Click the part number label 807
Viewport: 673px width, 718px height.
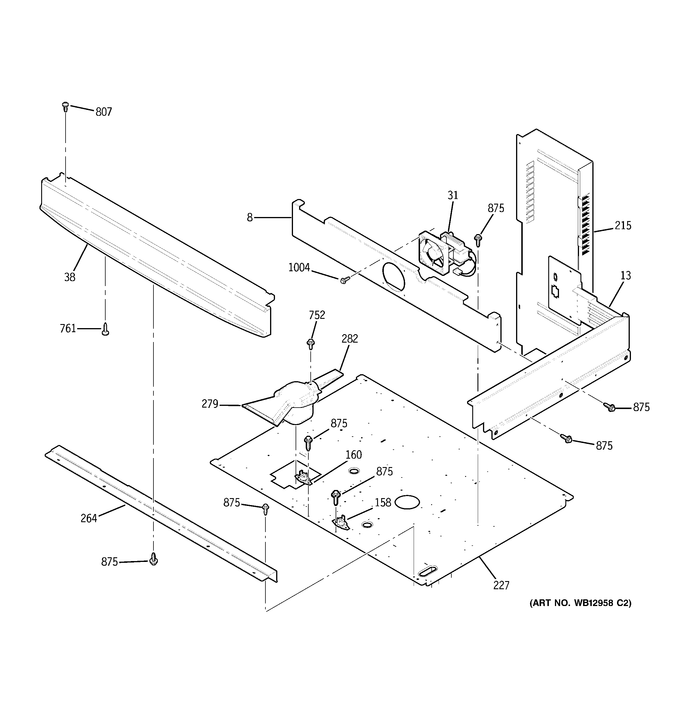point(104,112)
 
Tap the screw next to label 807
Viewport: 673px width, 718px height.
point(65,106)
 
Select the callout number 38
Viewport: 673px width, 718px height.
point(70,277)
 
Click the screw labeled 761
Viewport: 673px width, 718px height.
point(106,329)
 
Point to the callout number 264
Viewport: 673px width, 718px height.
point(89,518)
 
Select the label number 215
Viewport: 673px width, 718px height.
point(623,226)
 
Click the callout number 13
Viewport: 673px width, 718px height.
point(626,276)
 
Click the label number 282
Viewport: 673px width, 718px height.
point(350,339)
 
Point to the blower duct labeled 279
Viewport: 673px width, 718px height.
point(285,404)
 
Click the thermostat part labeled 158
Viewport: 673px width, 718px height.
point(340,522)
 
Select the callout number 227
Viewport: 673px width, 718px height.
point(501,585)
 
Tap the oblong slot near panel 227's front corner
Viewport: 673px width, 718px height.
point(427,571)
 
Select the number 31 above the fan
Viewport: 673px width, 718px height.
point(453,196)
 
